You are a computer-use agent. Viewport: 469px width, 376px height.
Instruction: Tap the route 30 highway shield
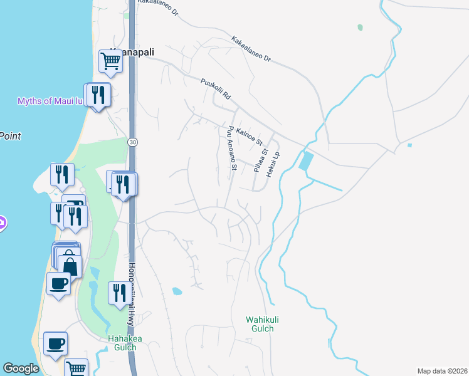[132, 143]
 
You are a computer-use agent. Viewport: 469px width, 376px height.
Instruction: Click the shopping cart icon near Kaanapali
[110, 61]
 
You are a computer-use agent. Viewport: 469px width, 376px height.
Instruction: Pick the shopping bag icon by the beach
[70, 266]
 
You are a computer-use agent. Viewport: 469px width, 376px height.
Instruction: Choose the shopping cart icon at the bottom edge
[76, 368]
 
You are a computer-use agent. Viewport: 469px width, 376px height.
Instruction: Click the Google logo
[21, 368]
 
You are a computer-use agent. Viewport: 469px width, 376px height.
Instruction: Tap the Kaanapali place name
[132, 51]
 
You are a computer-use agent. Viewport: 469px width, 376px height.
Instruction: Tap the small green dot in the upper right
[360, 28]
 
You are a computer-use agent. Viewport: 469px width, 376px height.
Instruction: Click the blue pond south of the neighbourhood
[177, 291]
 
